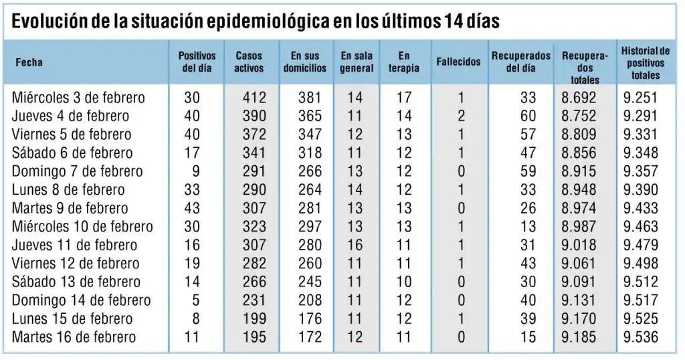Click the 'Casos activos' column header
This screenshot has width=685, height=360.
249,62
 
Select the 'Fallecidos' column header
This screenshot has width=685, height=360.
458,62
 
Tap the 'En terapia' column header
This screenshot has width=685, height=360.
403,62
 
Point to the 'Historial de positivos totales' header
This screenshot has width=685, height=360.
646,62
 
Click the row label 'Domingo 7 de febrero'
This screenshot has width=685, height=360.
77,171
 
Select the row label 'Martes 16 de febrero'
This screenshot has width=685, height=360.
74,337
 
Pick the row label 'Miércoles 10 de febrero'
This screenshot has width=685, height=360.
82,227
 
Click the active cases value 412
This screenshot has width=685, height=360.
254,98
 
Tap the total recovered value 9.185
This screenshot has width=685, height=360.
579,337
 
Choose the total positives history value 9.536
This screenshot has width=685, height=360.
640,337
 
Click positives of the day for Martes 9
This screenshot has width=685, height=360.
191,208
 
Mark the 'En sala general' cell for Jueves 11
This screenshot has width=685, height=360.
355,245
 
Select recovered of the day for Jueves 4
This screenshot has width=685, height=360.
528,116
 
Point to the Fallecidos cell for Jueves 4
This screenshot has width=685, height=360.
461,116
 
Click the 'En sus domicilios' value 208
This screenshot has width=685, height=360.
310,300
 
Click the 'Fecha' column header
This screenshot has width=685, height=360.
29,62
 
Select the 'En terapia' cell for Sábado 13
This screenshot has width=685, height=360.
403,282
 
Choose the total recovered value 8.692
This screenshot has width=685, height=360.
579,98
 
